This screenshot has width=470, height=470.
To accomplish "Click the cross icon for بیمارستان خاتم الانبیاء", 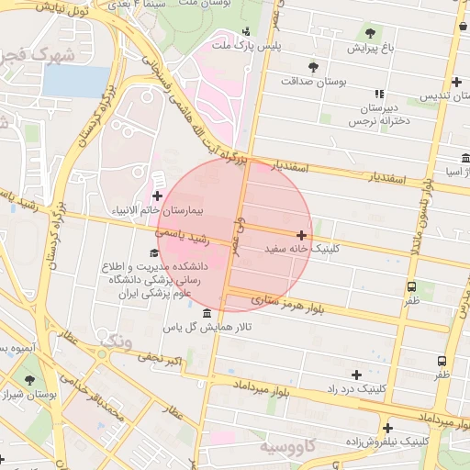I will coord(157,196).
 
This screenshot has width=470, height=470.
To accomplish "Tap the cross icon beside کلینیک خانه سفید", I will coord(301,236).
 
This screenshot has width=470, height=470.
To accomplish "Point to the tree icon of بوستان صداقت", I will coord(313,67).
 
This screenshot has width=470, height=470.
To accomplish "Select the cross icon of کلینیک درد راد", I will coord(356,375).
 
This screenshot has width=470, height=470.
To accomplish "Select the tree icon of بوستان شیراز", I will coord(29,379).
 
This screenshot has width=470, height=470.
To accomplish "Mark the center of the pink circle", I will coord(235,235).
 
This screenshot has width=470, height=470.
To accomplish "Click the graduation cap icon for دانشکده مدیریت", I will coord(153,254).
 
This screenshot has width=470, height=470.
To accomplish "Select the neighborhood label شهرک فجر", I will coord(36,55).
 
